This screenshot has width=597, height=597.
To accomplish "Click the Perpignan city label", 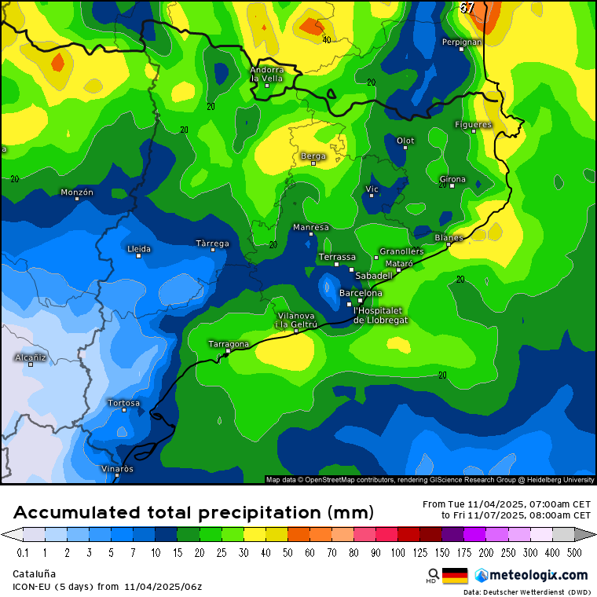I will point(461,42).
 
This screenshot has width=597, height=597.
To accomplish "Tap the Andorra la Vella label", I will point(266,74).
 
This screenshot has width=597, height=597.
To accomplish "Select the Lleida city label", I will point(139,249).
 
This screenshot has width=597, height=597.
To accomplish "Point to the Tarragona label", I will point(229,344).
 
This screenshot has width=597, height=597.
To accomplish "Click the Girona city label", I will point(452,179).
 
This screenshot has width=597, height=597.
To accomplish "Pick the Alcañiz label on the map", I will point(31,357).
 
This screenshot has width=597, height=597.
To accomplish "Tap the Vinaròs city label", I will point(118,469).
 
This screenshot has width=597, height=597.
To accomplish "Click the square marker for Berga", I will point(313,163).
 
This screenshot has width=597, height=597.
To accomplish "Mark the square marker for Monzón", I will point(77,199).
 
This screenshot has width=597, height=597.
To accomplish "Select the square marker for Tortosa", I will point(123,410).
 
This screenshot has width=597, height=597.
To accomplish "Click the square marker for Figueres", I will point(473,131).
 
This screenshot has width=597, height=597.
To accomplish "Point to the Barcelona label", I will point(361,293).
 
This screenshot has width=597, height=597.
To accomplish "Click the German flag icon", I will point(455,576).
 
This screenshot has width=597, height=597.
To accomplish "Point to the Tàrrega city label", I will point(213,244).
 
